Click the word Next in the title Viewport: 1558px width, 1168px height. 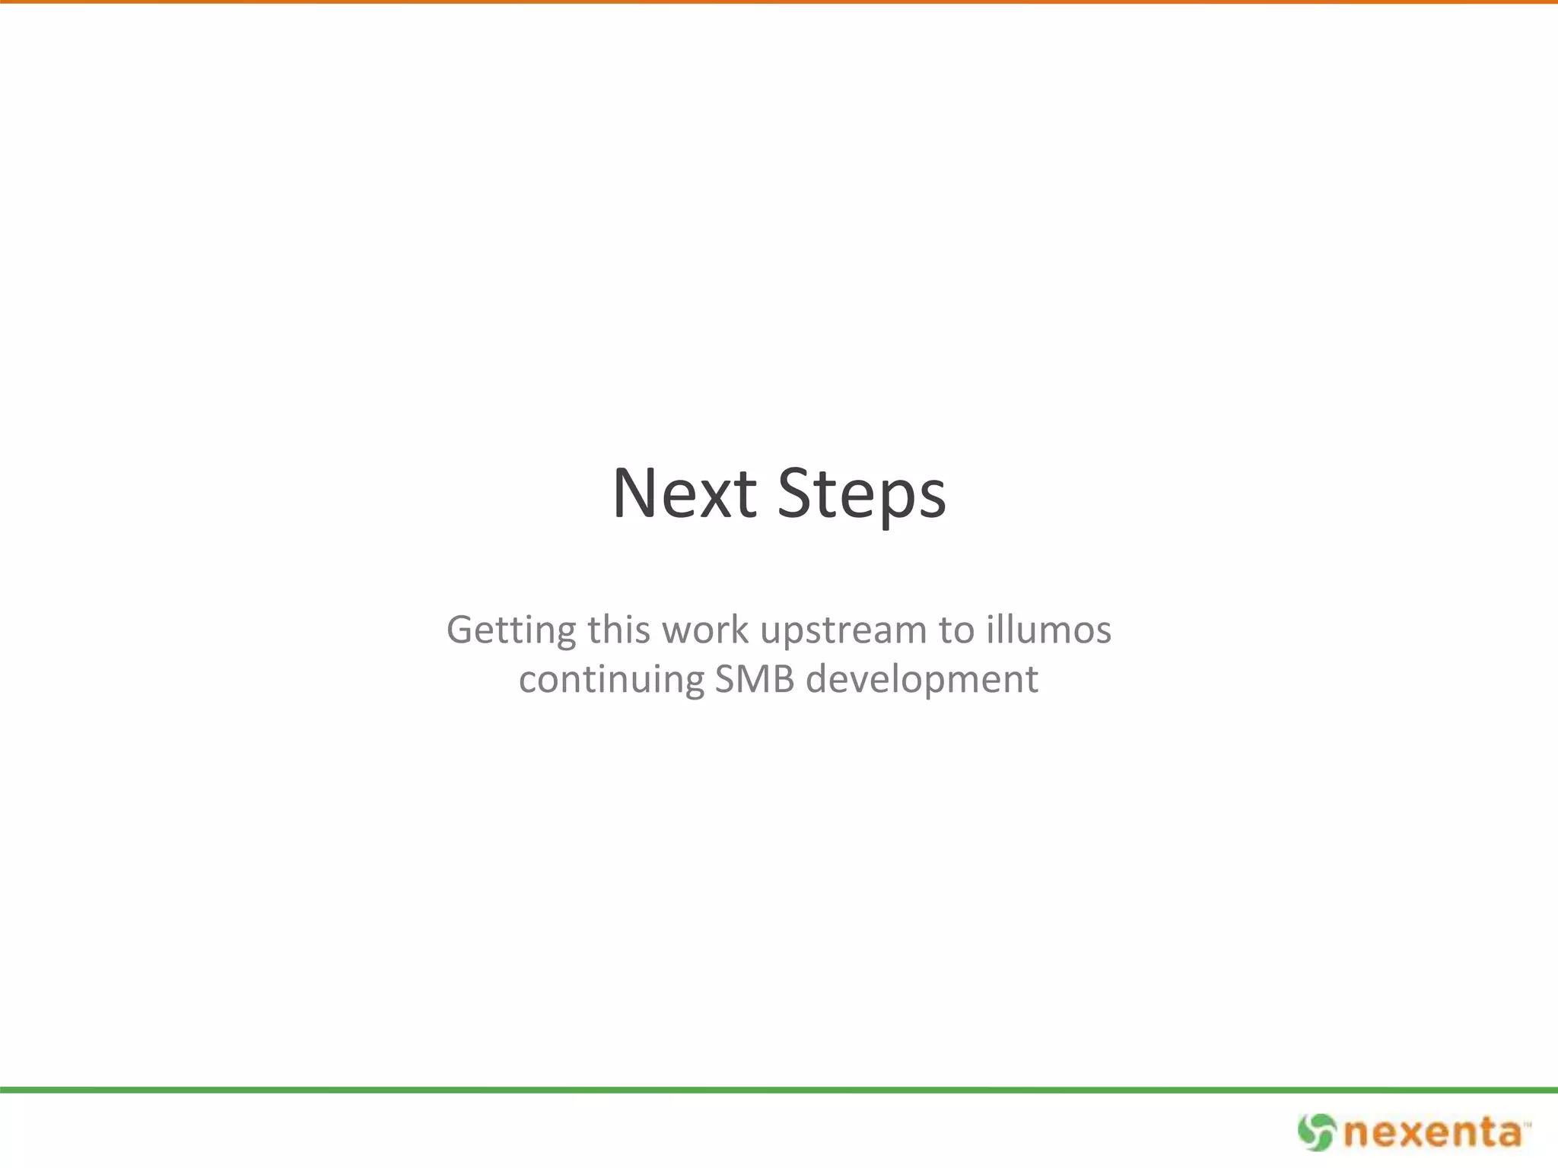(684, 494)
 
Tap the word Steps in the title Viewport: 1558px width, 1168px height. (862, 495)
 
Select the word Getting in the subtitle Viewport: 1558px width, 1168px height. (511, 630)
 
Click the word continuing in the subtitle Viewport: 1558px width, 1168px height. (612, 679)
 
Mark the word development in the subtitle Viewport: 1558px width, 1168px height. (922, 679)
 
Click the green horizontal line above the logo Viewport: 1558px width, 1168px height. (779, 1090)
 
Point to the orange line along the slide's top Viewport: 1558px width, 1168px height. (779, 2)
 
